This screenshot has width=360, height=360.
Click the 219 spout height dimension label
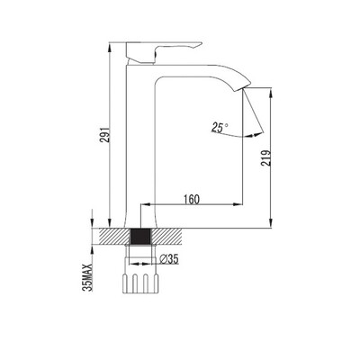tap(265, 157)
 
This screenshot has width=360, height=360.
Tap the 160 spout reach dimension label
tap(191, 199)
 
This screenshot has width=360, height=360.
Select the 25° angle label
tap(220, 128)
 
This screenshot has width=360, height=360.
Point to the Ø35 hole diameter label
tap(169, 259)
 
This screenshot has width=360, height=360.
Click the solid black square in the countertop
tap(140, 237)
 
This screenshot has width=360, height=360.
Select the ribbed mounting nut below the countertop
tap(140, 283)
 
